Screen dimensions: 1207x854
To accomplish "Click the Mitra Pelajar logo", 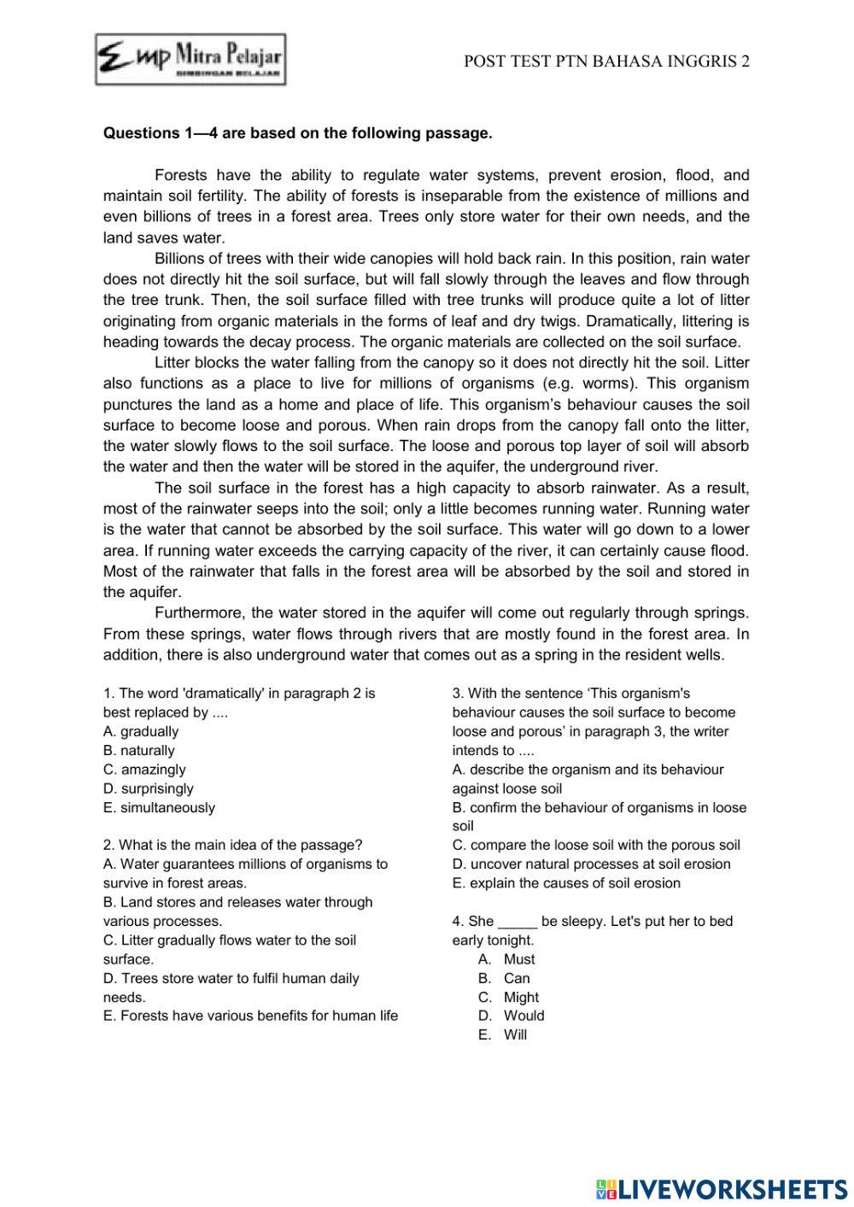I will (190, 60).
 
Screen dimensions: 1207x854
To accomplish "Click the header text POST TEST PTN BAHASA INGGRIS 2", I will (606, 62).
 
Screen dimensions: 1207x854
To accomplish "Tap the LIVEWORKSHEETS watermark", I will (722, 1188).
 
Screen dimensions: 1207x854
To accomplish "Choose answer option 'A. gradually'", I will (141, 731).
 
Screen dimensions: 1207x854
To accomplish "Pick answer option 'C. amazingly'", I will (144, 770).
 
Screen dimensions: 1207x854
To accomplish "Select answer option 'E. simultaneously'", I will (159, 807).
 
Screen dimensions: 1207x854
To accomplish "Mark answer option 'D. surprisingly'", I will (148, 788).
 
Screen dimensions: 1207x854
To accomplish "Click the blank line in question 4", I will (517, 923).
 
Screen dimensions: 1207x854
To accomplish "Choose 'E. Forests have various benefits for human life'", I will (250, 1016).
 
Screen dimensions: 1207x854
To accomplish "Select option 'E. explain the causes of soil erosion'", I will (566, 882).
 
